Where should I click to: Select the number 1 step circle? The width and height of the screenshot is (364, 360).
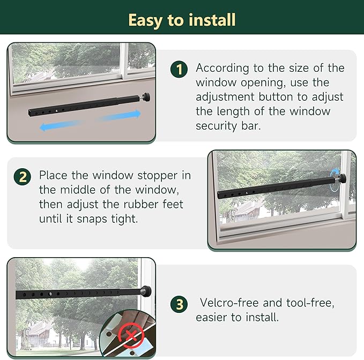click(x=179, y=69)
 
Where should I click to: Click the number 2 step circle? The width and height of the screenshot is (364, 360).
click(x=22, y=176)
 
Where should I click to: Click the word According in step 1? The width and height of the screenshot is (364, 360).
click(x=223, y=69)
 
